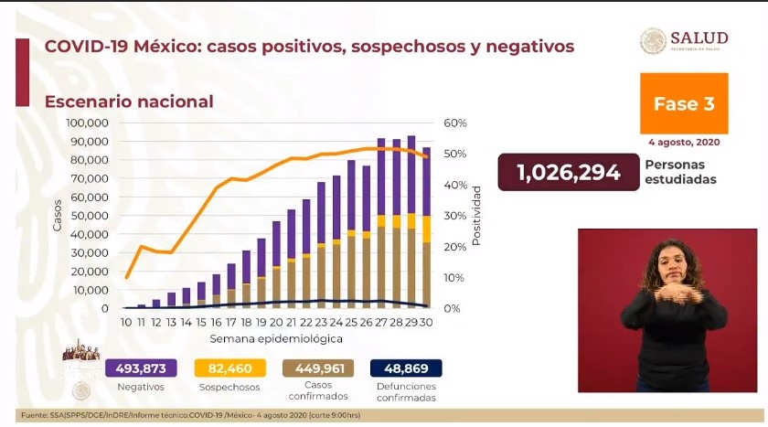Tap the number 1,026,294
568,172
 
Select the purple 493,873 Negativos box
141,368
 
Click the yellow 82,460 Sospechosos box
230,368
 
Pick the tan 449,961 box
319,368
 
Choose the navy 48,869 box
405,368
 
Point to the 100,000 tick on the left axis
89,123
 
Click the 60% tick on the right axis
455,123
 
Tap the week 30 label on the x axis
425,322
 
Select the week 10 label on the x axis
126,322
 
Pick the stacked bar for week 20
276,265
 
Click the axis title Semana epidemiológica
276,338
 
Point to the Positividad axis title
476,216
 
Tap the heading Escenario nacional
129,101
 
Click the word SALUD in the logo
699,37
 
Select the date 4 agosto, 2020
683,143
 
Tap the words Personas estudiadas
680,172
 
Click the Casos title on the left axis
58,216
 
